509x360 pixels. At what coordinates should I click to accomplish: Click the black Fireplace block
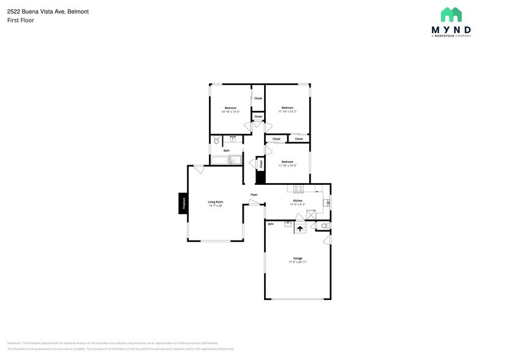tap(183, 203)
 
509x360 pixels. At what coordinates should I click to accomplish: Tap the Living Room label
tap(215, 201)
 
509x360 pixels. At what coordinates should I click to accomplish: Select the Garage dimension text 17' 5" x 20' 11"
tap(298, 262)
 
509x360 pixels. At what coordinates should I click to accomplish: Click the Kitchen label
tap(298, 200)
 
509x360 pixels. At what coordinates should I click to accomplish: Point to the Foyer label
tap(254, 195)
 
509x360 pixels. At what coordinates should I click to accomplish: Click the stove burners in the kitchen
tap(299, 187)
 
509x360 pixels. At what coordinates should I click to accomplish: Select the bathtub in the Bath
tap(219, 160)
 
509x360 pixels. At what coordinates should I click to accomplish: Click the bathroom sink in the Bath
tap(233, 139)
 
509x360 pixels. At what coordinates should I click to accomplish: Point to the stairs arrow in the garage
tap(300, 228)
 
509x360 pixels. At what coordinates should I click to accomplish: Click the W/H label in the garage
tap(270, 224)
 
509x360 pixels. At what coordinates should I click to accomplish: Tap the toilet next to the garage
tap(325, 227)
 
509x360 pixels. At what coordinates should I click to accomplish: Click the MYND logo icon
tap(451, 15)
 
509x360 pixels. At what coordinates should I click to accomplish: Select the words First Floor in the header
tap(21, 20)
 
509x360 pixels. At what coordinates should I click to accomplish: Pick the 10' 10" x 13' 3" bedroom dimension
tap(230, 111)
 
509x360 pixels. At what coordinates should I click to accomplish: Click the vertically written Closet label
tap(261, 164)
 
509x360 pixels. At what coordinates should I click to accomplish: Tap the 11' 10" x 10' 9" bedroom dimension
tap(287, 165)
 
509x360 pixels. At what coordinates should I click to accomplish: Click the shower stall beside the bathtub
tap(235, 160)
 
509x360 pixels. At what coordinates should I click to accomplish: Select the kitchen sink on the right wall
tap(327, 203)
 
